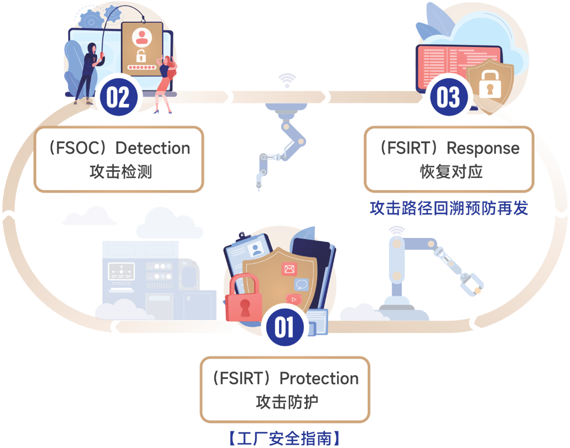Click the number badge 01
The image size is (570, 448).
(284, 327)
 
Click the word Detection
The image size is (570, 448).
(153, 148)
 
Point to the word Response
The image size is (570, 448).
(483, 148)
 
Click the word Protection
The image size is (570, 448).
(319, 378)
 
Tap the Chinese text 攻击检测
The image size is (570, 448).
(120, 172)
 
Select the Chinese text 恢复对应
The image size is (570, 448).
(451, 172)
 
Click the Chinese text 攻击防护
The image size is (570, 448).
(287, 402)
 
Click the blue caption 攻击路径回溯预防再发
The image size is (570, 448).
(449, 208)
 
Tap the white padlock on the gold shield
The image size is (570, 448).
(490, 84)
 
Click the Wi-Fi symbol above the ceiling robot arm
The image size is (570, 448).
(287, 80)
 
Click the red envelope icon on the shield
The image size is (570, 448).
(289, 269)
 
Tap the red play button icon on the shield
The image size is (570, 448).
(293, 299)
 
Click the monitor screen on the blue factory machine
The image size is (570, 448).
(121, 272)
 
